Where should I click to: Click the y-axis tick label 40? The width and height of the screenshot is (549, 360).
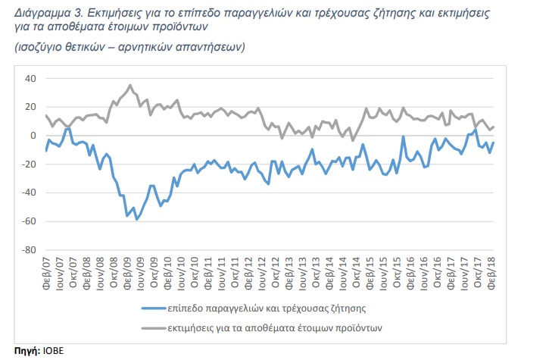[x=30, y=79]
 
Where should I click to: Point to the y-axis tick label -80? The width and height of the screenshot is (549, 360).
[x=29, y=250]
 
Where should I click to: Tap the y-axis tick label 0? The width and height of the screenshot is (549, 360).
[x=33, y=136]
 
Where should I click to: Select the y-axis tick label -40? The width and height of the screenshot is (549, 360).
[x=29, y=193]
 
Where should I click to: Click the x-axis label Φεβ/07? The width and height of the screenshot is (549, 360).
[x=46, y=273]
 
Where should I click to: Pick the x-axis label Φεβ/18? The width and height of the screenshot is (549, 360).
[x=491, y=273]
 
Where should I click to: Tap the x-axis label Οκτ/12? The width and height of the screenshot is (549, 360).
[x=276, y=273]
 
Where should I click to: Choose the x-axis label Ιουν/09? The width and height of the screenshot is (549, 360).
[x=140, y=273]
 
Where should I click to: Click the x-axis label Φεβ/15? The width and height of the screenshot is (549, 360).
[x=370, y=273]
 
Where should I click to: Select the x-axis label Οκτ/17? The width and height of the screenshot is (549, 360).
[x=478, y=273]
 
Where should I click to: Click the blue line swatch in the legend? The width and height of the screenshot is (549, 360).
[x=154, y=308]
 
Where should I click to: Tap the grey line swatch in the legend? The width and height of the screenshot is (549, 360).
[x=154, y=328]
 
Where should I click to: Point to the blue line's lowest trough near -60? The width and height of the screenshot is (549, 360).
[x=136, y=220]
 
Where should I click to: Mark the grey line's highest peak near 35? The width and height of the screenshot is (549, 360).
[x=130, y=85]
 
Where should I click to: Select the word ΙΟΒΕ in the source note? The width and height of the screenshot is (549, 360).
[x=53, y=351]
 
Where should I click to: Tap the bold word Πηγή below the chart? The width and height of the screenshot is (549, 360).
[x=27, y=351]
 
